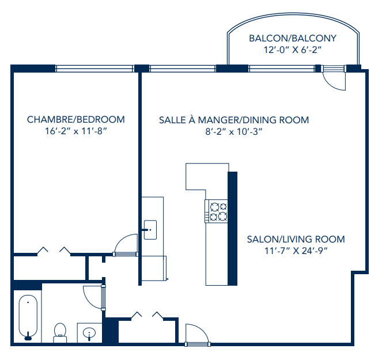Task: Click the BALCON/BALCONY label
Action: (x=292, y=39)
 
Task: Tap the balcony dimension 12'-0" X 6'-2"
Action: (x=292, y=50)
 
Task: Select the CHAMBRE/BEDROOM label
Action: (x=75, y=120)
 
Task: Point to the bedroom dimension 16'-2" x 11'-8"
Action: (x=75, y=131)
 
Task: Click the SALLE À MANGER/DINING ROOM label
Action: (x=234, y=120)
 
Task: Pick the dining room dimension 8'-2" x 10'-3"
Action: (x=234, y=132)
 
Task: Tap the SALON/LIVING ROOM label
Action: (x=296, y=239)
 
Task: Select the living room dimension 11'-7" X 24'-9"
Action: (x=296, y=251)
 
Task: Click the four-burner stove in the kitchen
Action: (x=217, y=211)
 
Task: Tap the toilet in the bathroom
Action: (x=60, y=330)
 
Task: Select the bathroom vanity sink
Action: (x=89, y=333)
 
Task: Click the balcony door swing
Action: (x=334, y=79)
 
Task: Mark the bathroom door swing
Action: (x=92, y=297)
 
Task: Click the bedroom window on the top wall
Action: (x=94, y=69)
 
